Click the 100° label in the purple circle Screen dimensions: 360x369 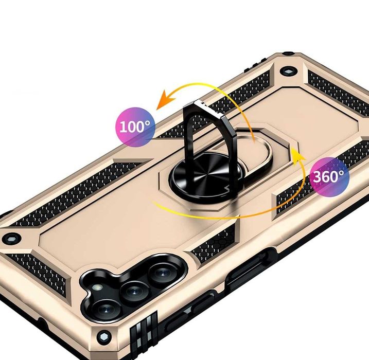pyautogui.click(x=135, y=125)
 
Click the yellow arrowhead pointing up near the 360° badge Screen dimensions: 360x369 pyautogui.click(x=294, y=153)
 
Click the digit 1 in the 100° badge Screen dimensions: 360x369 pyautogui.click(x=124, y=126)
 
